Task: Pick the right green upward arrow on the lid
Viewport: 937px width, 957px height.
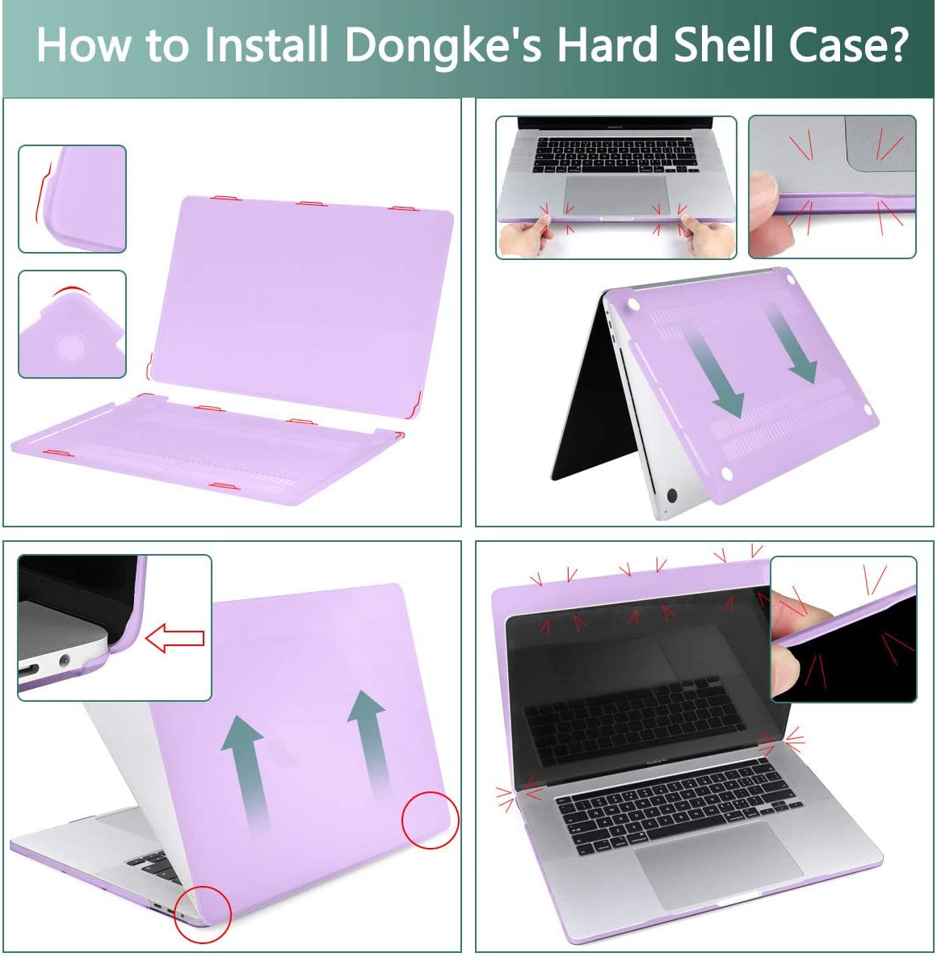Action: [x=368, y=743]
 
